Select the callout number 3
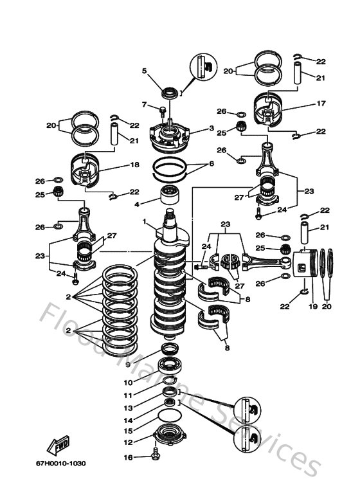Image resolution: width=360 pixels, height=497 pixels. point(211,129)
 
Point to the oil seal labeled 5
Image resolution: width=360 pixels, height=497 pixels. point(170,93)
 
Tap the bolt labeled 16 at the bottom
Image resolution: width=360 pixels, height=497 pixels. point(154,457)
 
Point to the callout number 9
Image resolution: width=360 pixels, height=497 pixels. point(128,364)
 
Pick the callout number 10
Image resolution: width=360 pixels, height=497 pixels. point(128,382)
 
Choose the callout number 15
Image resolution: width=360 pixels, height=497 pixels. point(128,431)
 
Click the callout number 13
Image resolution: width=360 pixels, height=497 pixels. point(128,408)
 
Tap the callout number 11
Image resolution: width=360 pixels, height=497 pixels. point(128,395)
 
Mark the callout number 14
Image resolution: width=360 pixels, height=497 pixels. point(128,419)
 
